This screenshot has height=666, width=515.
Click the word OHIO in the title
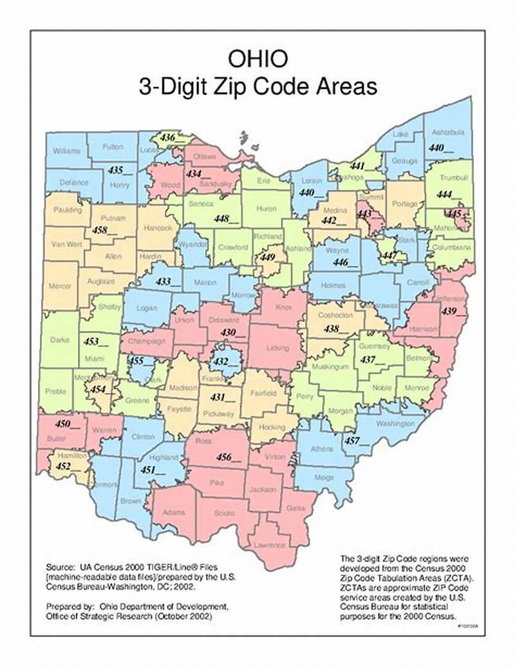click(257, 59)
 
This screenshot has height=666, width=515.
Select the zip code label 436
click(168, 138)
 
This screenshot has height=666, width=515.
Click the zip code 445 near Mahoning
click(454, 213)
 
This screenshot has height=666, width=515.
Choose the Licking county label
click(278, 348)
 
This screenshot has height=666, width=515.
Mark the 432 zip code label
click(221, 361)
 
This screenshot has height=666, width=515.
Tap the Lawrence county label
click(270, 545)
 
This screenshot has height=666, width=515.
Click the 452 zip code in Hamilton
click(63, 466)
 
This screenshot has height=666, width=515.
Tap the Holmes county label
click(333, 285)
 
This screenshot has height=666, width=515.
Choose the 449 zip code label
click(267, 257)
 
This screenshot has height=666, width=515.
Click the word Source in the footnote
click(61, 568)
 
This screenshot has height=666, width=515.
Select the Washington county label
click(395, 424)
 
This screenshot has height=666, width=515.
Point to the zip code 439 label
click(449, 311)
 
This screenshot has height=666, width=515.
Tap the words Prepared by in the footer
click(70, 607)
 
